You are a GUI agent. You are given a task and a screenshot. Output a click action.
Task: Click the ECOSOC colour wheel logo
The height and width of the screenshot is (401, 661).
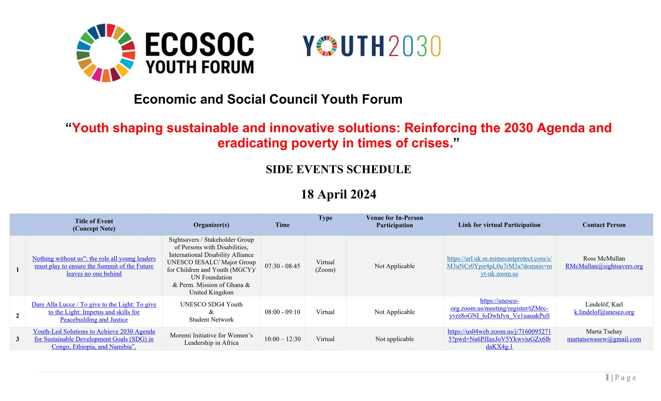pos(106,53)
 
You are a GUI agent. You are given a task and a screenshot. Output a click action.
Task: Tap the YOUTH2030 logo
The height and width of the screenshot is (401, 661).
pos(372,46)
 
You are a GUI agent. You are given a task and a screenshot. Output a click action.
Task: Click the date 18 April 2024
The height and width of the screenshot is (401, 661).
pos(338,194)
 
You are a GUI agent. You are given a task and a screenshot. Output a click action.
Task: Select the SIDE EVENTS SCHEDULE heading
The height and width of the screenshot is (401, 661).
pos(338,169)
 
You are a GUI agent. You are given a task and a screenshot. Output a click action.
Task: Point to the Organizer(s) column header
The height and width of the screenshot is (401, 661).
pos(211,225)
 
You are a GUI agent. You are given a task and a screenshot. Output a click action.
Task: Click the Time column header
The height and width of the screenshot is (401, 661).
pos(282,225)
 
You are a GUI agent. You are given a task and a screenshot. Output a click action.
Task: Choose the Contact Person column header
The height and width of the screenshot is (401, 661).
pos(604,225)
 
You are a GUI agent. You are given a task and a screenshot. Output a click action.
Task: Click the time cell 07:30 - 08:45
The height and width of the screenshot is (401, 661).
pos(282,266)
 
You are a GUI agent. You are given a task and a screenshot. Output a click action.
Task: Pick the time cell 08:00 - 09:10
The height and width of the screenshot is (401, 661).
pos(282,312)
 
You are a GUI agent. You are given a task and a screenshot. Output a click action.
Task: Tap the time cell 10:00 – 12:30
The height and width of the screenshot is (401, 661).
pos(282,339)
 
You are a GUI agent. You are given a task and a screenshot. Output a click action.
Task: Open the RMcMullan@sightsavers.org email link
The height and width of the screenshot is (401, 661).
pos(604,266)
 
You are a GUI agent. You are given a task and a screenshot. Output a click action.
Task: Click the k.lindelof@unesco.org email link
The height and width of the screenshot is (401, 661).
pos(604,312)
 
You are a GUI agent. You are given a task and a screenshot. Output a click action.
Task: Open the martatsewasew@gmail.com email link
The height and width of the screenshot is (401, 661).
pos(604,339)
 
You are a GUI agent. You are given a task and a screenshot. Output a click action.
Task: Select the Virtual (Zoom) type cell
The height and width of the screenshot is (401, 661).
pos(325,266)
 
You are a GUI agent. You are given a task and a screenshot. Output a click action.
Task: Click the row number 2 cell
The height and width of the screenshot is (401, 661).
pos(17,316)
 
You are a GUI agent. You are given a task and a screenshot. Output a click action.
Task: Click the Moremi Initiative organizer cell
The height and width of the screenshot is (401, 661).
pos(211,339)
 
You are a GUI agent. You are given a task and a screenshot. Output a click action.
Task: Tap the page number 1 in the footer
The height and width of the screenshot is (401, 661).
pos(607,377)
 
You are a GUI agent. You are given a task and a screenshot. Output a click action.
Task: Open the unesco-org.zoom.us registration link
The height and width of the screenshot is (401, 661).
pos(499,308)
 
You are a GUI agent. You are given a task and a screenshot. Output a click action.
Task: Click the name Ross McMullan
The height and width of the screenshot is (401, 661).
pos(604,258)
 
